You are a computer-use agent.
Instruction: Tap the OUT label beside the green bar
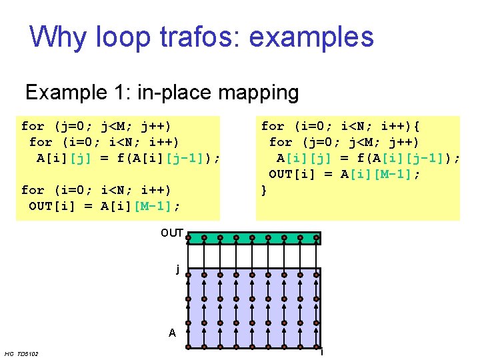[x=171, y=233]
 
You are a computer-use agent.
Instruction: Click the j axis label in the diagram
[x=177, y=269]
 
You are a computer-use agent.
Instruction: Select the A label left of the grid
[x=172, y=332]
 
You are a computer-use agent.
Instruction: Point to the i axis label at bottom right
[x=321, y=352]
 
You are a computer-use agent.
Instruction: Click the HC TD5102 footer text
[x=21, y=353]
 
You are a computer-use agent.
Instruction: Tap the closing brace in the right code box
[x=264, y=190]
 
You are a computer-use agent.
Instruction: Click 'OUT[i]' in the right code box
[x=293, y=174]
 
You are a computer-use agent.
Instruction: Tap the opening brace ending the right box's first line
[x=426, y=126]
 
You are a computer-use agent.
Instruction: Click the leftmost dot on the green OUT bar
[x=188, y=237]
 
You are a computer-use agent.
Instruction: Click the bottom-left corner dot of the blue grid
[x=188, y=347]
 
